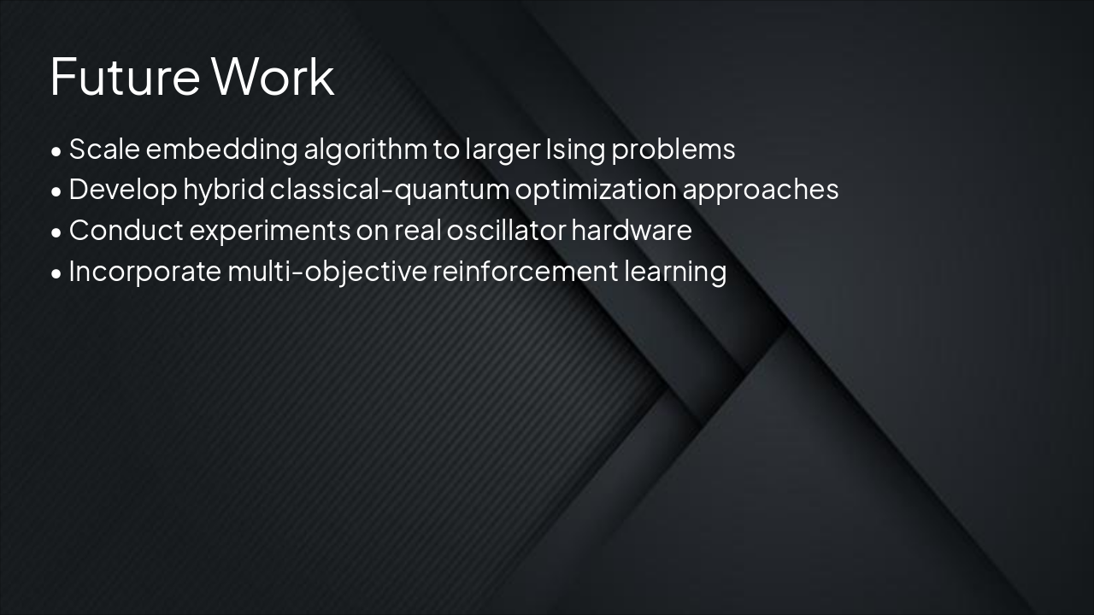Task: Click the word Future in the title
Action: [x=125, y=77]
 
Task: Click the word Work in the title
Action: [x=273, y=77]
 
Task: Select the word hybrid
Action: [x=223, y=190]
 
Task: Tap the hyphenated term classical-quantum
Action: [x=390, y=190]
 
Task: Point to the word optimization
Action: [x=595, y=190]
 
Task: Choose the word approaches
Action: [x=760, y=190]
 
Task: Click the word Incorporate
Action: [x=144, y=272]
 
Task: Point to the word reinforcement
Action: [x=524, y=272]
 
